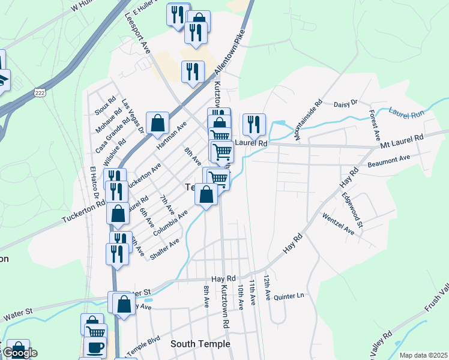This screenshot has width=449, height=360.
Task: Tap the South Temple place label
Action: click(200, 344)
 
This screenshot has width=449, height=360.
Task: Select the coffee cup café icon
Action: click(94, 346)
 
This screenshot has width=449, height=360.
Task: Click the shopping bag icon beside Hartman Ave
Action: click(157, 123)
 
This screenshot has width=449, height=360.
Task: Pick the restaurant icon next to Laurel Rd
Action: click(254, 124)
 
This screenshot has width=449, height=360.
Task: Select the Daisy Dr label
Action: click(345, 103)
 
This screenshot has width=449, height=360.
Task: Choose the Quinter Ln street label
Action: click(289, 296)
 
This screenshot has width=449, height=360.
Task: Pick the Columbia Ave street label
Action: click(170, 223)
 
